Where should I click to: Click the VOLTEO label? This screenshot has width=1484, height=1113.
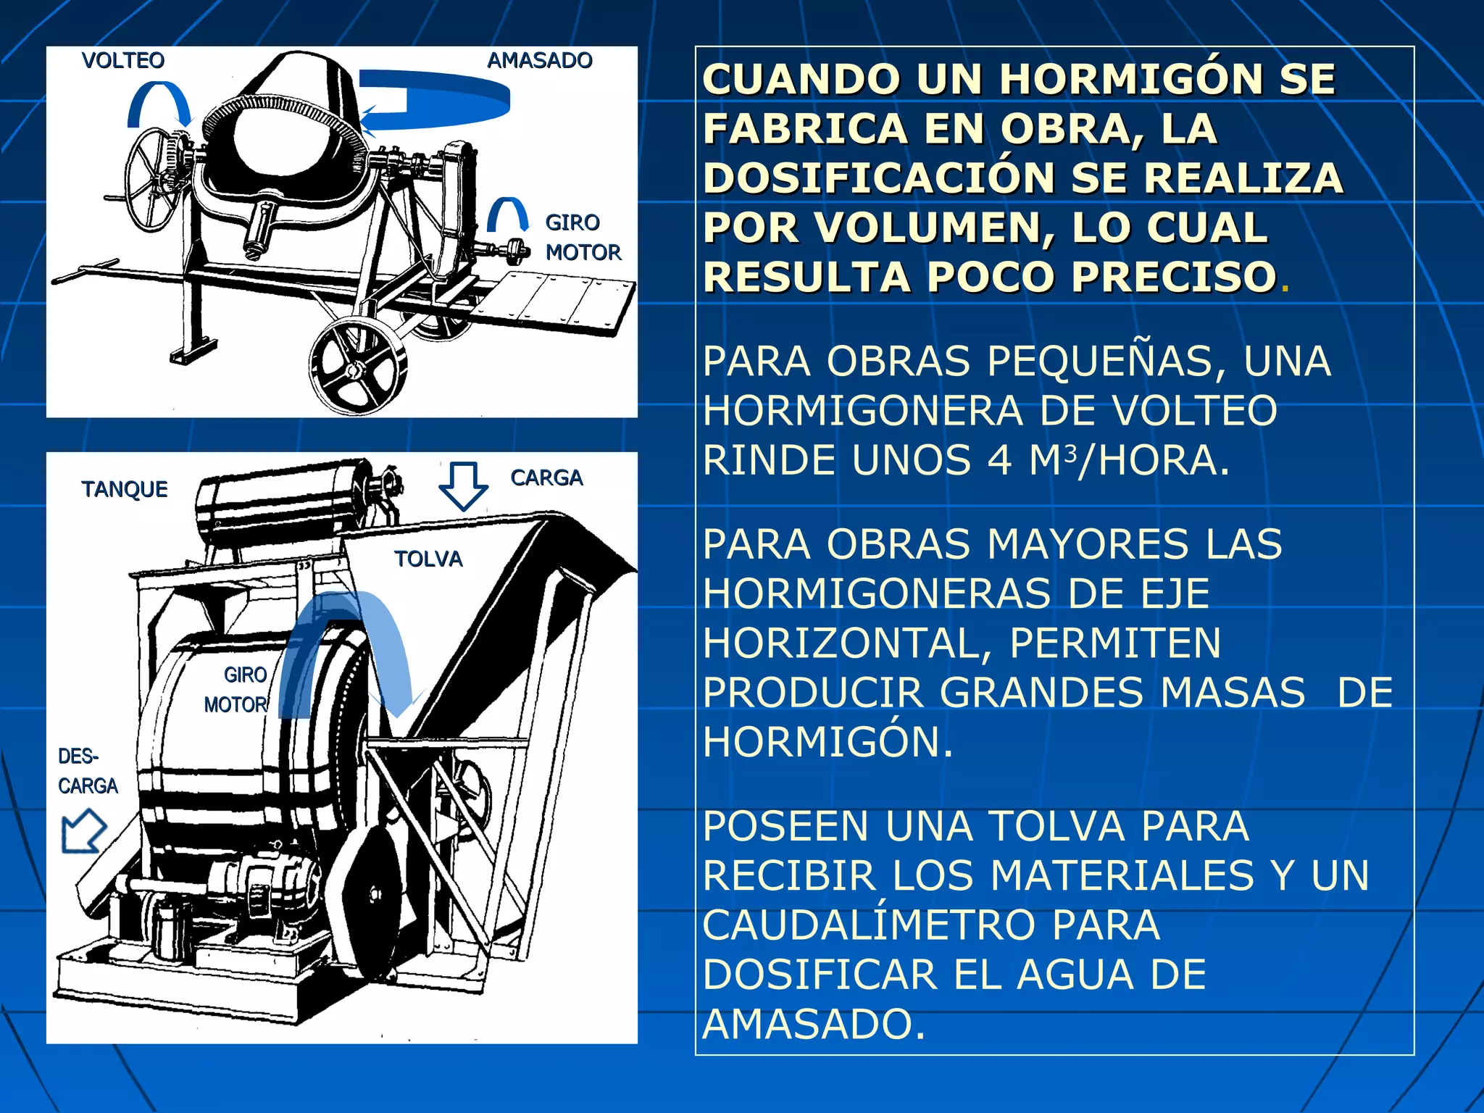point(123,60)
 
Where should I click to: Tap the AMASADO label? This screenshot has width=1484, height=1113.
point(540,60)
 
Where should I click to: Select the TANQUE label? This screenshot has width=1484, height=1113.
point(125,489)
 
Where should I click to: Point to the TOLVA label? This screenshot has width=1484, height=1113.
point(428,559)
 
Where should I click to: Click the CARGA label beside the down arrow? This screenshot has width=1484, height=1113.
point(546,478)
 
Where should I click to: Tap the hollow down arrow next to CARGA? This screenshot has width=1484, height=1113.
point(463,486)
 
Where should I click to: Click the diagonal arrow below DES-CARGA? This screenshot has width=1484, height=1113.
point(83,831)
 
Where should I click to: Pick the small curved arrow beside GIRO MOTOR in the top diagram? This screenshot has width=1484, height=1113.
point(507,214)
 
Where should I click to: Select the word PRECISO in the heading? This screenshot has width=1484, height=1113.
point(1174,277)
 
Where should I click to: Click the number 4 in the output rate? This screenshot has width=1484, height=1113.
point(999,460)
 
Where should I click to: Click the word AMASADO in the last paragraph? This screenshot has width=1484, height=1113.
point(813,1024)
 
